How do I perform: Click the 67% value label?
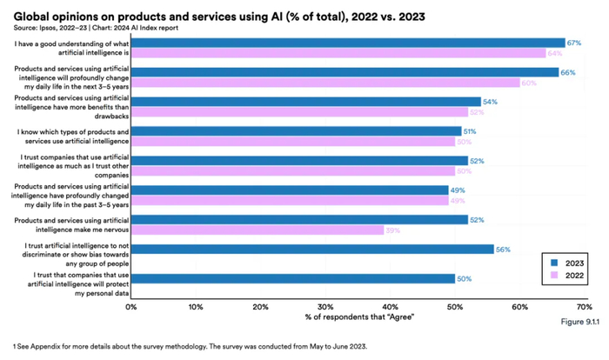573,43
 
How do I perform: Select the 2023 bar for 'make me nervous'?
299,219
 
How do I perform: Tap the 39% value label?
392,230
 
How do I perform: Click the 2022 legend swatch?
553,277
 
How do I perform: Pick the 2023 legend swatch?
553,262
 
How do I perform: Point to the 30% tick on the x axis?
325,306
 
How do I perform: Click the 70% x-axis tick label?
583,306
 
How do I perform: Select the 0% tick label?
131,306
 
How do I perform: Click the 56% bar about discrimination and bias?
312,249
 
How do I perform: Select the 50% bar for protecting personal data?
293,278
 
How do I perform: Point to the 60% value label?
527,83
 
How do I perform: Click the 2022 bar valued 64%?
338,53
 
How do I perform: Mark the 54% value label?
489,102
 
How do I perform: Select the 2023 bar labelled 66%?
345,72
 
